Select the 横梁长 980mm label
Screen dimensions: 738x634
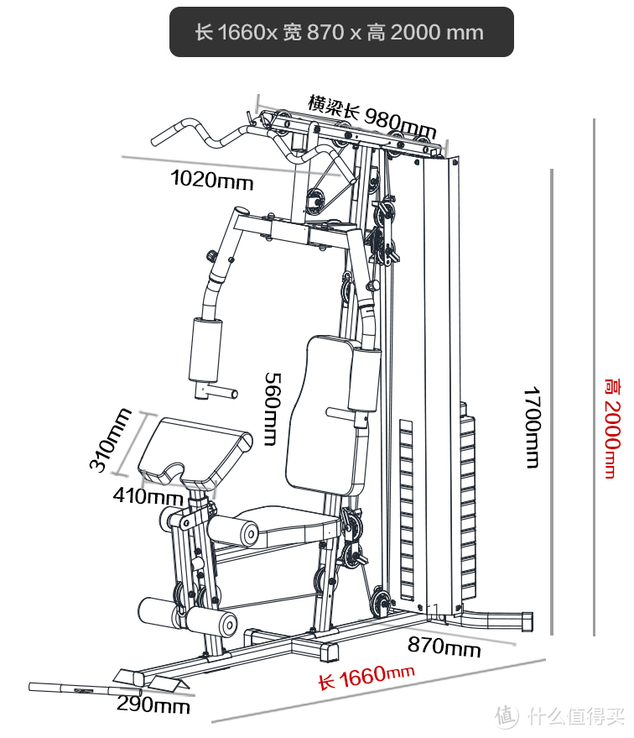(372, 117)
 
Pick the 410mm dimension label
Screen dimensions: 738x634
(148, 496)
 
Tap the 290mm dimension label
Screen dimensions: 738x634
(153, 704)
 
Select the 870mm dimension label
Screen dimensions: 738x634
(444, 647)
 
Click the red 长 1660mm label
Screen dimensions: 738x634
(366, 677)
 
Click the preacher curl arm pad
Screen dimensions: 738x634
(193, 448)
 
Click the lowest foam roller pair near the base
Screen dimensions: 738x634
(189, 617)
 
